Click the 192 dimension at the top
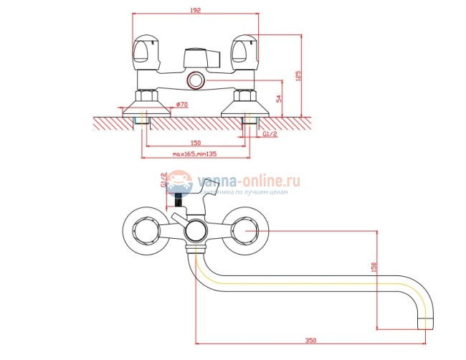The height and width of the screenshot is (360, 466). [x=196, y=11]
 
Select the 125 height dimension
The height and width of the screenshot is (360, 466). [x=298, y=75]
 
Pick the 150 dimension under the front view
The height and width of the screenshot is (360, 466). [x=196, y=143]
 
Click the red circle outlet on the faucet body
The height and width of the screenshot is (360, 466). [x=195, y=80]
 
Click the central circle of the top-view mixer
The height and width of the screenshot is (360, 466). [x=195, y=231]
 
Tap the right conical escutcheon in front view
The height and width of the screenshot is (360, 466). [x=244, y=107]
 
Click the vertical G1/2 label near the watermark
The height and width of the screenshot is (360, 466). [x=163, y=180]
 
